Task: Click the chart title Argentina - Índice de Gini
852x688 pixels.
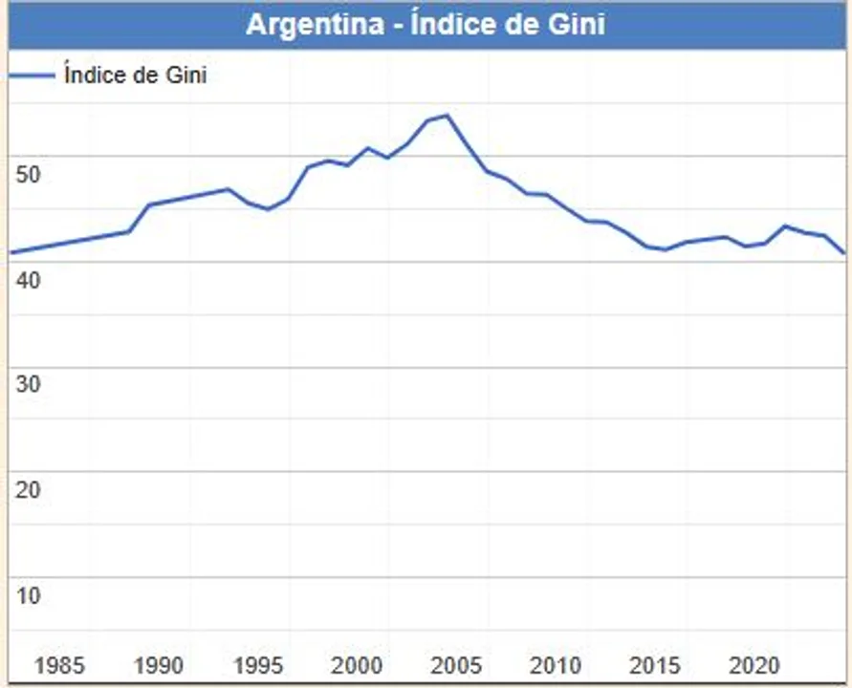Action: pos(426,24)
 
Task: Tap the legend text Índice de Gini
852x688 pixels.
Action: pos(136,75)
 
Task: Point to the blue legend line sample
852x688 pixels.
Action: pos(33,75)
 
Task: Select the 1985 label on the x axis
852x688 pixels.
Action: pos(59,665)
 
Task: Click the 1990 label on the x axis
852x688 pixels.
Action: pos(159,665)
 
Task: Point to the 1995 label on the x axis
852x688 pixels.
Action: pos(258,665)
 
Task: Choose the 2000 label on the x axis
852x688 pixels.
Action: pos(358,665)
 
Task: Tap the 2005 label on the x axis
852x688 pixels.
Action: pos(457,665)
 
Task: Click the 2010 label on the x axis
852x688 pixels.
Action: pos(557,665)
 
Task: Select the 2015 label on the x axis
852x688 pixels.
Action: pos(656,665)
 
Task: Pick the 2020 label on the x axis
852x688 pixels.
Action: pos(755,665)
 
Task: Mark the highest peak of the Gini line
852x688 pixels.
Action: pos(447,116)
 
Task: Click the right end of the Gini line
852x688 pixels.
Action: pos(843,253)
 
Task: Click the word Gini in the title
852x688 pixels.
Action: pos(577,24)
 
